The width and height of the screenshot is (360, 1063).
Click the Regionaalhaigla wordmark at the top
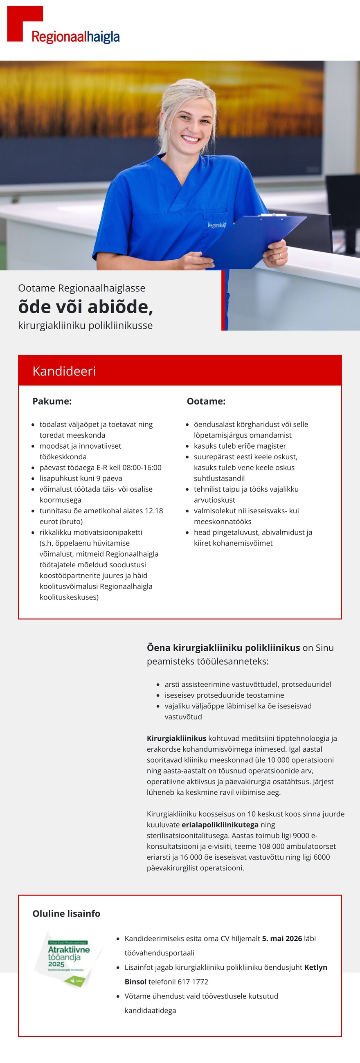75,37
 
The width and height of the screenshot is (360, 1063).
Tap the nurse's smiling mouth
190,139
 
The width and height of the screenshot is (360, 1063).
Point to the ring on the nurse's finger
279,256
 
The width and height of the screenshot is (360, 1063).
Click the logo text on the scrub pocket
217,225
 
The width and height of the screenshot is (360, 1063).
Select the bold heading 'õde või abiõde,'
85,307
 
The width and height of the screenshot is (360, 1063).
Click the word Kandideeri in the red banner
64,371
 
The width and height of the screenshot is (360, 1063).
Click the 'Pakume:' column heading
52,401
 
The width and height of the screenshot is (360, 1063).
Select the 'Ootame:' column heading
206,401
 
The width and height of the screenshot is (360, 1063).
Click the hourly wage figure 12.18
153,510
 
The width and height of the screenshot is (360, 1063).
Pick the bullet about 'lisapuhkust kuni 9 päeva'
81,478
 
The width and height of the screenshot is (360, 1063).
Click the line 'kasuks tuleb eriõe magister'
239,446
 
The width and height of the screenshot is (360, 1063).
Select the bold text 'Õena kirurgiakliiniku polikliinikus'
223,647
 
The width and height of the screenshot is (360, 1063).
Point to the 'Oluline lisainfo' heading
66,914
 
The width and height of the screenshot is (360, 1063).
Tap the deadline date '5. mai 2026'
282,938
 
